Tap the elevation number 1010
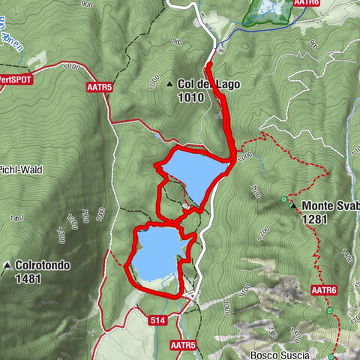(x=191, y=96)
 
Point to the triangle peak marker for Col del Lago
(x=170, y=84)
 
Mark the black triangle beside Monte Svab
(x=293, y=205)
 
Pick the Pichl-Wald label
(x=21, y=170)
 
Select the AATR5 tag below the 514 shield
(x=182, y=345)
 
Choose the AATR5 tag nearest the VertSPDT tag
(x=99, y=87)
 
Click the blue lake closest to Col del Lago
(x=193, y=174)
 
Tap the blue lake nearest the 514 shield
(x=157, y=252)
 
